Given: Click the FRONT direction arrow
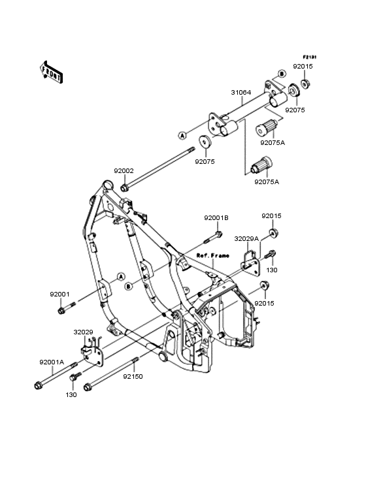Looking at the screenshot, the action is click(x=51, y=72).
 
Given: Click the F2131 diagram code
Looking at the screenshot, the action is click(x=310, y=57).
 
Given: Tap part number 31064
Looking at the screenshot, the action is click(x=241, y=92).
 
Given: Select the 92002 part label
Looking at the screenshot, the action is click(x=124, y=171).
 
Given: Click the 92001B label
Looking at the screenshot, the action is click(x=216, y=218).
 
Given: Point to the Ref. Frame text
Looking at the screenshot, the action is click(x=213, y=255).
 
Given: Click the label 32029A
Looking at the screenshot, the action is click(x=246, y=239).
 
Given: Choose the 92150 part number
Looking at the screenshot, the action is click(x=133, y=377).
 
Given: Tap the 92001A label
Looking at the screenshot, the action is click(x=52, y=362).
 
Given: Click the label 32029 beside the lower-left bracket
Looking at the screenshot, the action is click(x=83, y=332).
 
